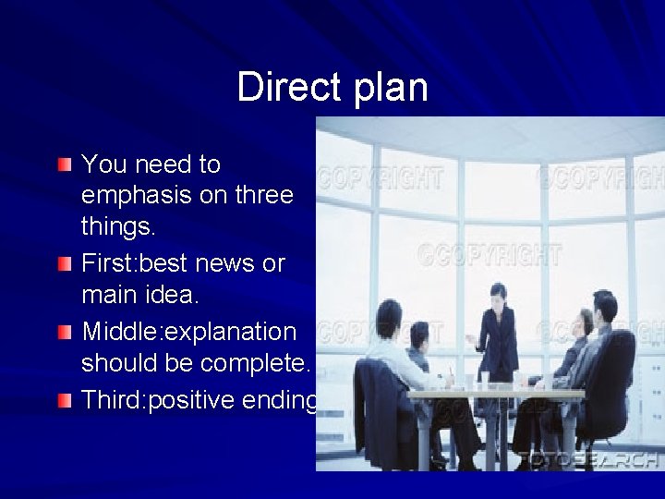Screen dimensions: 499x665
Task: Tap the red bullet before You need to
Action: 63,165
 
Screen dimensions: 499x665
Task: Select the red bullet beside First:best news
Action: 63,265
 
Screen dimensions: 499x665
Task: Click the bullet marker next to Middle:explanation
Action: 63,332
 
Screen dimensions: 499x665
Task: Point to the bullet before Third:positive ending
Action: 63,400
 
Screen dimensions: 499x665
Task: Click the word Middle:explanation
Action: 188,332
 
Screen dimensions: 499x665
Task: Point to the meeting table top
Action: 499,394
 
